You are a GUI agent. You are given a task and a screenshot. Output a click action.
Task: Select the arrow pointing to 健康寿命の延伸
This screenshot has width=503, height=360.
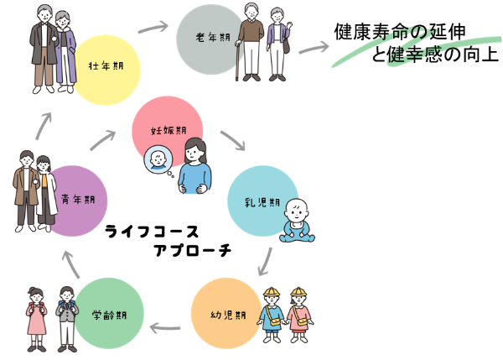312,47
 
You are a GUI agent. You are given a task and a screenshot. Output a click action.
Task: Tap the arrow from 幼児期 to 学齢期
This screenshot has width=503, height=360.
168,319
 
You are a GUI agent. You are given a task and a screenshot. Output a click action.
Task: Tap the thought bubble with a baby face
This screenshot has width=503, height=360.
157,160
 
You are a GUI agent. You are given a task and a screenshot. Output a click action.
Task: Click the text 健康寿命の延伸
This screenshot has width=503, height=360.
401,34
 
